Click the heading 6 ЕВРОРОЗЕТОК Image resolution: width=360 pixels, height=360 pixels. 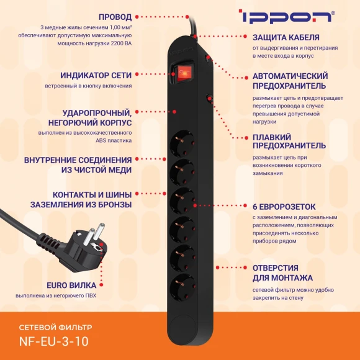pyautogui.click(x=284, y=206)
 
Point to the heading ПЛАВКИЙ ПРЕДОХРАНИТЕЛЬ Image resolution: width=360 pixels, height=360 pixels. pyautogui.click(x=289, y=141)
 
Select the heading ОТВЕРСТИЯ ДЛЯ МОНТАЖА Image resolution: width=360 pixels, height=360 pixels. pyautogui.click(x=282, y=272)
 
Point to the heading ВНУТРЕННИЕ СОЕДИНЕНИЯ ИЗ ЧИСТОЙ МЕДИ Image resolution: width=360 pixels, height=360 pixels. pyautogui.click(x=78, y=164)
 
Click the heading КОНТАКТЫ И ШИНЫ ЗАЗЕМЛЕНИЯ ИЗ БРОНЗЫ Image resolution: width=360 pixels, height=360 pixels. pyautogui.click(x=81, y=199)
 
